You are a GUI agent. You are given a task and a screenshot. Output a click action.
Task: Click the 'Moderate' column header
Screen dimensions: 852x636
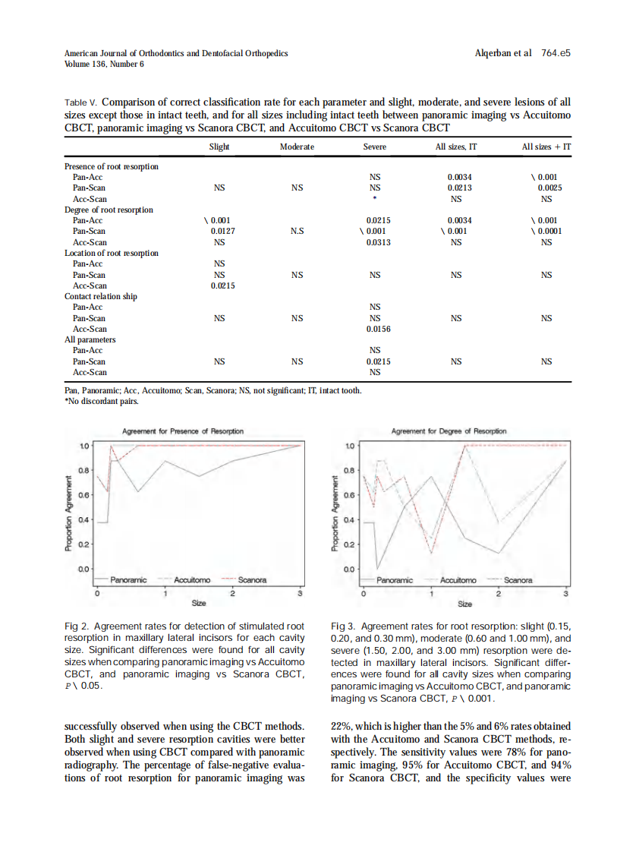coord(297,147)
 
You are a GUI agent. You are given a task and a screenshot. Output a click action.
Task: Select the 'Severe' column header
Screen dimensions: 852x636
coord(374,147)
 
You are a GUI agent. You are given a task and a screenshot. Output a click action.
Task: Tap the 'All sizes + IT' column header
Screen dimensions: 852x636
coord(546,147)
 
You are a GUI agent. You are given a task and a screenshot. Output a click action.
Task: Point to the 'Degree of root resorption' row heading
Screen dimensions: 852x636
coord(109,210)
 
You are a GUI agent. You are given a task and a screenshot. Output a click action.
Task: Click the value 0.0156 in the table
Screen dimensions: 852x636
coord(378,329)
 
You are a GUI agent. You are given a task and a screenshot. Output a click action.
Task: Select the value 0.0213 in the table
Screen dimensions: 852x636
coord(460,188)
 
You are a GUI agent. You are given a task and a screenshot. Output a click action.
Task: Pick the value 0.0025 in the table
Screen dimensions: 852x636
coord(549,188)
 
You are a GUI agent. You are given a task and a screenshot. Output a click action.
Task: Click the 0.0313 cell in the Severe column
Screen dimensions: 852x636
coord(378,242)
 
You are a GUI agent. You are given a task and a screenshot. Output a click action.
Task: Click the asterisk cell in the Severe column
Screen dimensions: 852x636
coord(375,199)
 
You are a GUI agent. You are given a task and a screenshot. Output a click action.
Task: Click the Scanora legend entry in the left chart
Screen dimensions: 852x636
coord(253,580)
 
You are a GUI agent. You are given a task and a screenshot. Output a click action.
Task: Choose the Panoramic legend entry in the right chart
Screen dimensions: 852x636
coord(395,580)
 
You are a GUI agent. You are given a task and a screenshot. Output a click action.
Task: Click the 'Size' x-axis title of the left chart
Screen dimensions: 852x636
coord(199,604)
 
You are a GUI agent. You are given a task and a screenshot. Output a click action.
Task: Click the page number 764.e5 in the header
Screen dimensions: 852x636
coord(556,54)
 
